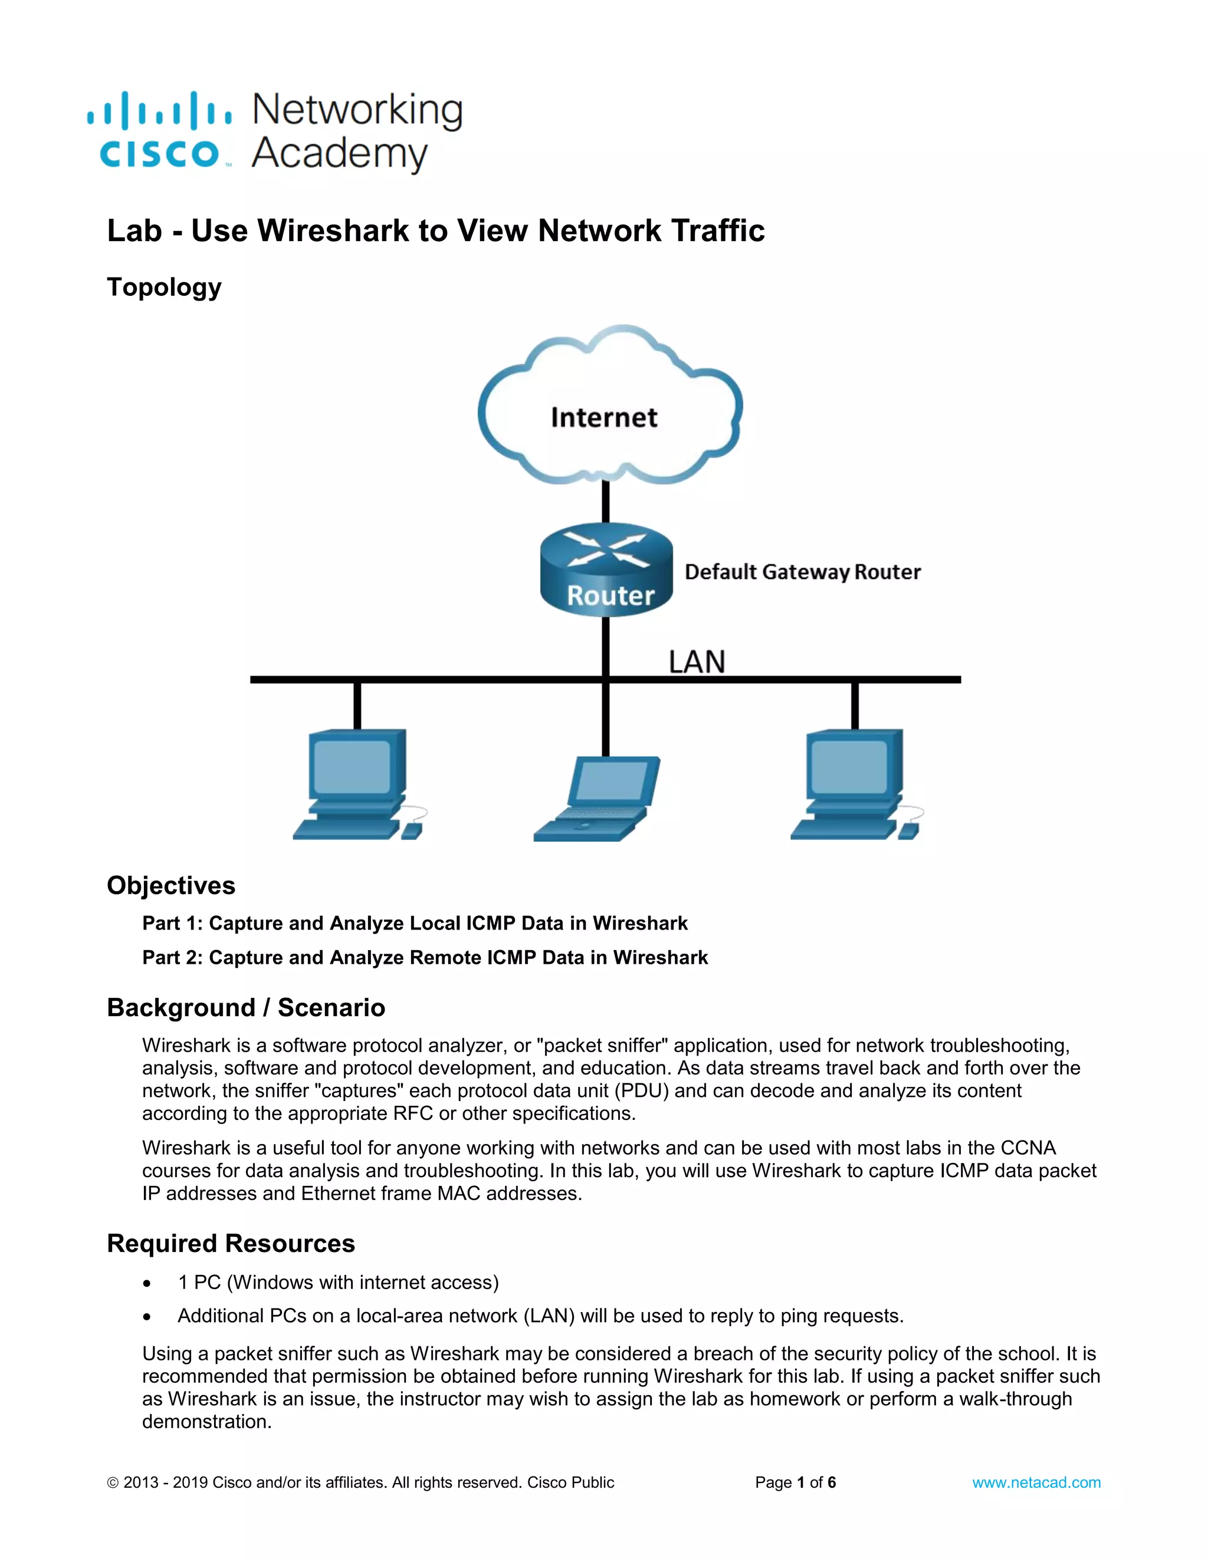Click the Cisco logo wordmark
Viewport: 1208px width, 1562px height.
[159, 154]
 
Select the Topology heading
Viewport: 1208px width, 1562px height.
[164, 287]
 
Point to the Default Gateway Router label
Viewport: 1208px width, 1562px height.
[802, 572]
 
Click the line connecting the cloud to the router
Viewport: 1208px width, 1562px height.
[605, 503]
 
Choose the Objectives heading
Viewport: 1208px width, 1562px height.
[171, 885]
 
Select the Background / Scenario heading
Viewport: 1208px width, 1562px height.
[245, 1008]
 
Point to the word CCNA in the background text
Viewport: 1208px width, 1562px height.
[1028, 1148]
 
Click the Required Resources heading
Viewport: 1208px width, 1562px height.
[231, 1244]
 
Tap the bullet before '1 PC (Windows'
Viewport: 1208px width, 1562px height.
[147, 1284]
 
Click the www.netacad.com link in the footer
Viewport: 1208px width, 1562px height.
[1036, 1482]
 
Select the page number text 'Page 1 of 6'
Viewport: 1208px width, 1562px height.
[795, 1482]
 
